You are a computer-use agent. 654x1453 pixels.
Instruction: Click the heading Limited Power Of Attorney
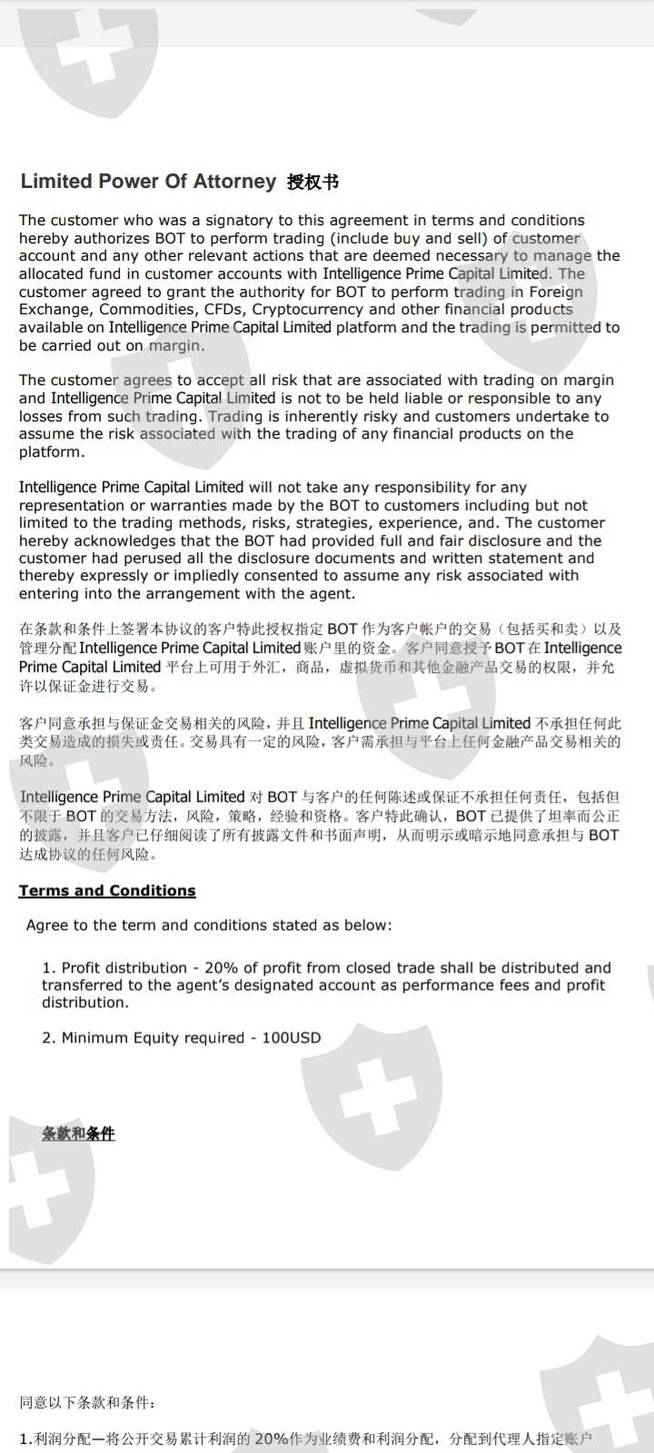pos(148,182)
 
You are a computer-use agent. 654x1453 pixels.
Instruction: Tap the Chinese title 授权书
pos(312,183)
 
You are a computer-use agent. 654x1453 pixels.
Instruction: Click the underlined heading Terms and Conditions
pos(107,891)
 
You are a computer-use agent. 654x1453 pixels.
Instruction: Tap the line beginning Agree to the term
pos(209,925)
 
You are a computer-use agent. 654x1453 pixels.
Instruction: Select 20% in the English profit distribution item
pos(222,968)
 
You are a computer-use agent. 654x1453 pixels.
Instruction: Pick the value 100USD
pos(292,1038)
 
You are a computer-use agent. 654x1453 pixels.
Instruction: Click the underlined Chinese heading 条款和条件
pos(78,1133)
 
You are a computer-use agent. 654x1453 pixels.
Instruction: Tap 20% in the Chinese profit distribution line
pos(271,1438)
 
